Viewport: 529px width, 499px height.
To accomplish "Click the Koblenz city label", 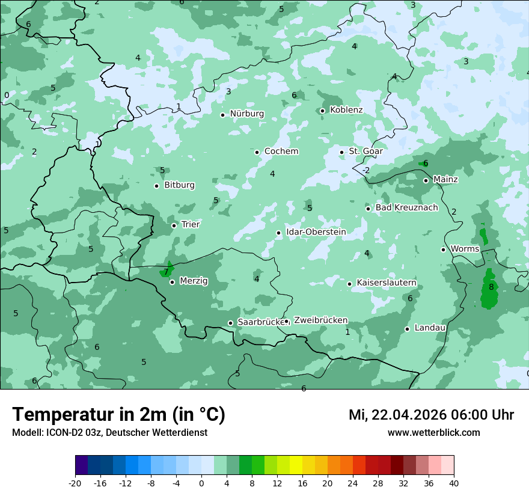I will (346, 110).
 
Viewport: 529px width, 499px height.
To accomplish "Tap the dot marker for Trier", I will (174, 225).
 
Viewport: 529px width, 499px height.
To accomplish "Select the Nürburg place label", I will (246, 114).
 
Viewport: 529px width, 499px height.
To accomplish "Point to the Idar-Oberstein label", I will (316, 232).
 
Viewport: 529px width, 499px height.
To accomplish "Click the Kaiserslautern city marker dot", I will (349, 284).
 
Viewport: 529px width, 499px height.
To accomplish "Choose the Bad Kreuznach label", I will (406, 207).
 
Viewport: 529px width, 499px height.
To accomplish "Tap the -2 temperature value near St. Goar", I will (365, 170).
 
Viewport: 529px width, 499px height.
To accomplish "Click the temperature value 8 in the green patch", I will (491, 287).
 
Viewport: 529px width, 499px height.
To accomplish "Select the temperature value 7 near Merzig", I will (167, 272).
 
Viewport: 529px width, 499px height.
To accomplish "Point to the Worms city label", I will (465, 249).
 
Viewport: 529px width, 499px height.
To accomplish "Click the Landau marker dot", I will (407, 329).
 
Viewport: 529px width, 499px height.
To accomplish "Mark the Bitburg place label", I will (179, 185).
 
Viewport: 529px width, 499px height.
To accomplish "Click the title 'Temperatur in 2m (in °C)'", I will (118, 414).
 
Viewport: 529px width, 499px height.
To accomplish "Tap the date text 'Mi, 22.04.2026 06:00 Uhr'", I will (431, 415).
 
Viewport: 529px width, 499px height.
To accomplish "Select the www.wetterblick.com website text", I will (433, 432).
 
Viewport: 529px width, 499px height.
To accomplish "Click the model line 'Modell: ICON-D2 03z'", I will (109, 432).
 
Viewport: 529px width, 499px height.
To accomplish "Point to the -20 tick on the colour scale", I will (75, 483).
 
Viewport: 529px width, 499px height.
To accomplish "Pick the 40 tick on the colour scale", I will (454, 483).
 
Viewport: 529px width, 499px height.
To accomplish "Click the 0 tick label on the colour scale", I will (201, 483).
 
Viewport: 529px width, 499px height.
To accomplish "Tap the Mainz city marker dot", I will (426, 180).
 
